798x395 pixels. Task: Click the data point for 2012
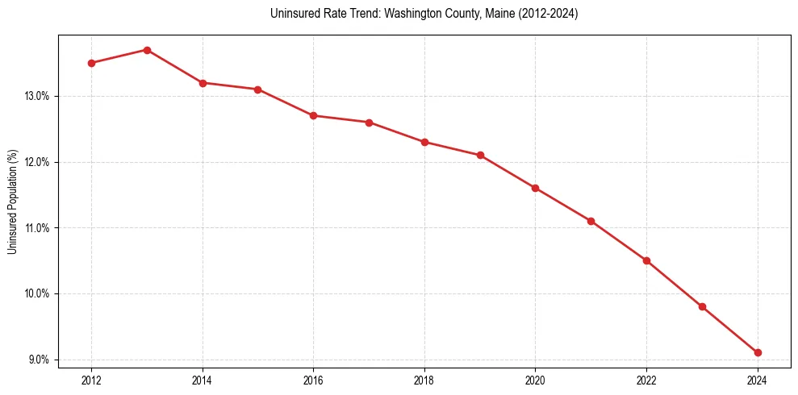(x=91, y=63)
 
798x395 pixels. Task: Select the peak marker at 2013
(x=147, y=50)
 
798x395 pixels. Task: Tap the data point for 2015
(x=257, y=89)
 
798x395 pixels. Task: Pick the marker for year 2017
(x=369, y=123)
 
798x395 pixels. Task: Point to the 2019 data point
(x=480, y=155)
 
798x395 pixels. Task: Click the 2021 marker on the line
(x=591, y=221)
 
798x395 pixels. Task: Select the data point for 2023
(x=702, y=306)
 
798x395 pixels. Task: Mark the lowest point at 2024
(x=758, y=352)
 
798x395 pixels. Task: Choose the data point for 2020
(x=535, y=188)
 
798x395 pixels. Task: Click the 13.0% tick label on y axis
(x=37, y=97)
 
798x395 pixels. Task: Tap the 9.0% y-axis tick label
(x=39, y=360)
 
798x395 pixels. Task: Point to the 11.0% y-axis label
(x=37, y=228)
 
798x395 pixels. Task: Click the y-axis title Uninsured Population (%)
(x=13, y=202)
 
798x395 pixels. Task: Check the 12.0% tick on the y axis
(x=37, y=162)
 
